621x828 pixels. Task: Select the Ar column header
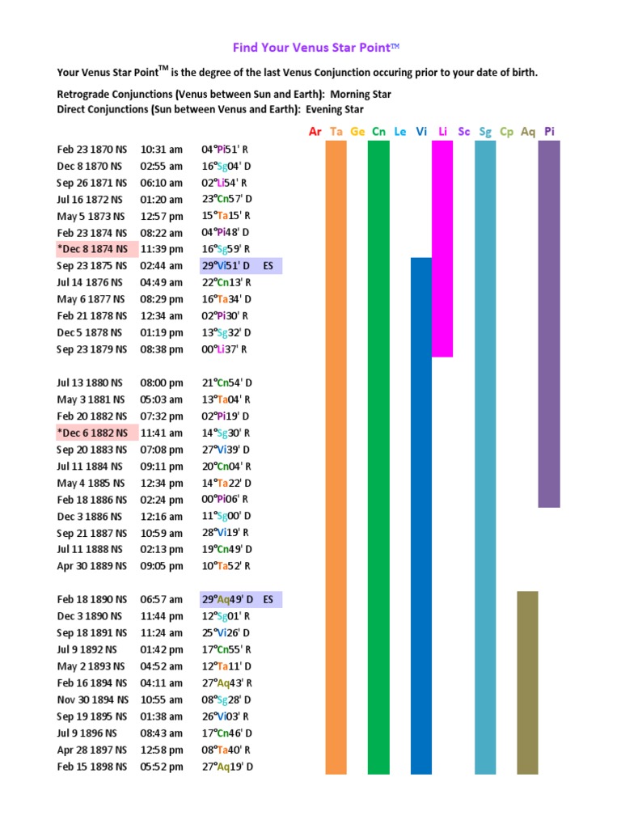pyautogui.click(x=315, y=131)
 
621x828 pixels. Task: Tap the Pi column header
pyautogui.click(x=549, y=131)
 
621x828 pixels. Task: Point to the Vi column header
pyautogui.click(x=421, y=131)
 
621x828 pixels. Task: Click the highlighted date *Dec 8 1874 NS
pyautogui.click(x=92, y=249)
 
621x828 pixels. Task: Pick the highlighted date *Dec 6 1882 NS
pyautogui.click(x=92, y=433)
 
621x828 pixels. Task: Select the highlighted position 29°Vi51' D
pyautogui.click(x=227, y=265)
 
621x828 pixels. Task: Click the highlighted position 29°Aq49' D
pyautogui.click(x=227, y=600)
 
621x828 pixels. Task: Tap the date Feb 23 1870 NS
pyautogui.click(x=91, y=149)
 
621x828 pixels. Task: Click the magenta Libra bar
pyautogui.click(x=442, y=248)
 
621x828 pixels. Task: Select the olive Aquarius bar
pyautogui.click(x=527, y=682)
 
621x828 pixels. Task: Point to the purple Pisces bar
pyautogui.click(x=549, y=323)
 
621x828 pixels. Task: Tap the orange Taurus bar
pyautogui.click(x=336, y=457)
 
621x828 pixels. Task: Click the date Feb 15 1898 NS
pyautogui.click(x=91, y=767)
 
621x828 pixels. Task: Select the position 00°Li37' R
pyautogui.click(x=225, y=349)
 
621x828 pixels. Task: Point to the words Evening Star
pyautogui.click(x=332, y=109)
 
